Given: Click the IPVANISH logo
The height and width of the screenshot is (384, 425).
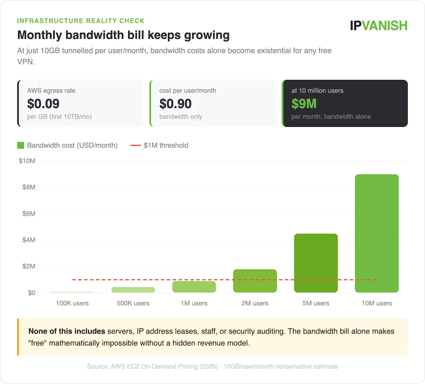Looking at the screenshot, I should click(x=379, y=26).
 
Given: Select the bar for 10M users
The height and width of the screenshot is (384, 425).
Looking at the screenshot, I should click(x=377, y=234).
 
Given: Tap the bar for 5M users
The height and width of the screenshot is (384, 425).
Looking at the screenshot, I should click(x=316, y=263).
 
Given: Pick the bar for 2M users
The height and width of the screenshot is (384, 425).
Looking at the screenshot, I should click(x=255, y=281).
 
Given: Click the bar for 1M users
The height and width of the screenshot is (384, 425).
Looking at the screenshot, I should click(x=194, y=287).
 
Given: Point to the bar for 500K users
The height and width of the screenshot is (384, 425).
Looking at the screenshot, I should click(x=133, y=290).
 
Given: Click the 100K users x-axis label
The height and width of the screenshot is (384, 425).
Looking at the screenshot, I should click(x=72, y=303).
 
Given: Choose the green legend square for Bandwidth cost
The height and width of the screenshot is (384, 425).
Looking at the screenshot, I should click(x=21, y=145).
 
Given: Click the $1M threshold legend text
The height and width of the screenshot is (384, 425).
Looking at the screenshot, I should click(x=166, y=145).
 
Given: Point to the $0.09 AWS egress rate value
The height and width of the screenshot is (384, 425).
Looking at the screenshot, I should click(x=43, y=104).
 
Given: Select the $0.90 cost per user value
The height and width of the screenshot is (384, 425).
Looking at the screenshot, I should click(x=176, y=104).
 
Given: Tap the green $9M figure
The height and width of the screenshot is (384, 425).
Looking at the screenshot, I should click(x=304, y=104).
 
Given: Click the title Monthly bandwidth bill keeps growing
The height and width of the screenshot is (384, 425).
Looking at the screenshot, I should click(x=123, y=35).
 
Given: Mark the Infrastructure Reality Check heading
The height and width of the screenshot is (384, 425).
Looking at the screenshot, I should click(x=81, y=21).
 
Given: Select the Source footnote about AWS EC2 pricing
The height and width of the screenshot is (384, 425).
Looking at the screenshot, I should click(x=212, y=366).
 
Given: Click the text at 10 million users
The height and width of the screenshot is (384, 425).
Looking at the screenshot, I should click(x=317, y=91).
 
